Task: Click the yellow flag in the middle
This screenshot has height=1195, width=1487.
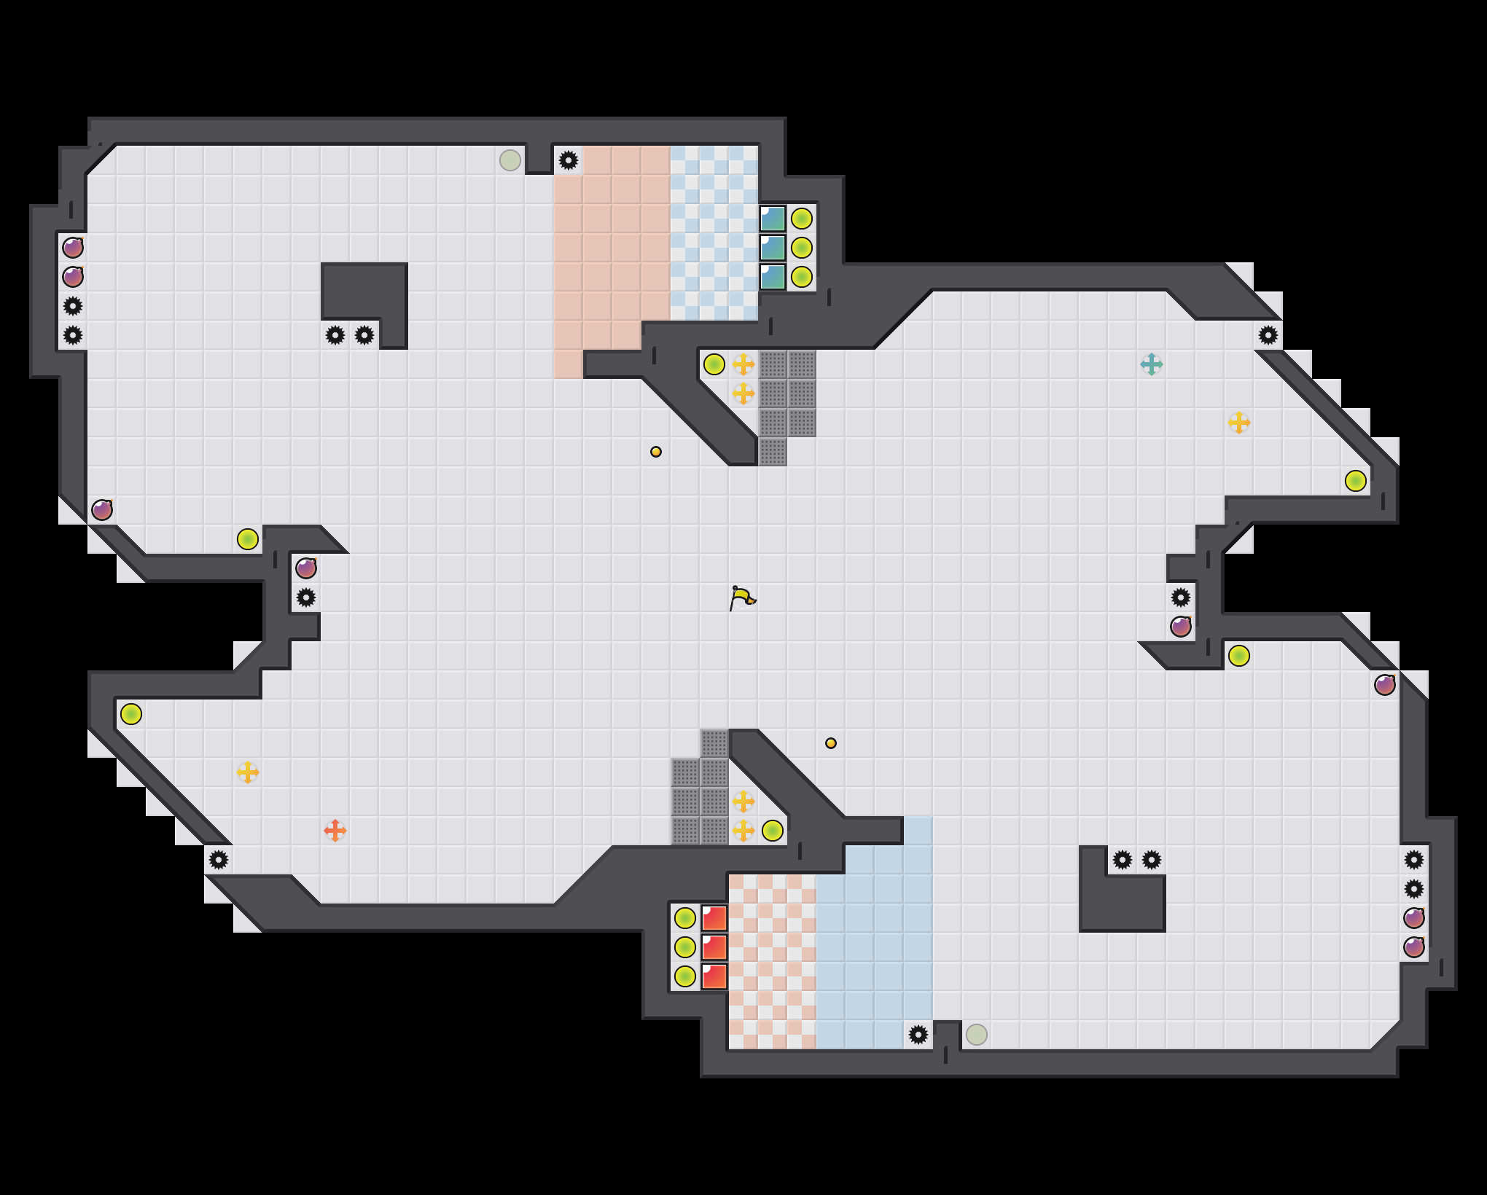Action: point(742,598)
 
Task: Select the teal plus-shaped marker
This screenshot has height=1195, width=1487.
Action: point(1151,364)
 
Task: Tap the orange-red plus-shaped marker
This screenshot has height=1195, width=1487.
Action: point(335,830)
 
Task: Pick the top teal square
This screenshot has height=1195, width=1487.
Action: point(773,219)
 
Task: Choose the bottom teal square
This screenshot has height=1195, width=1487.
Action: point(773,277)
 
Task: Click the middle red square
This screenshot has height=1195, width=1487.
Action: point(714,947)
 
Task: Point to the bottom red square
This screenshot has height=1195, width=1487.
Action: point(714,976)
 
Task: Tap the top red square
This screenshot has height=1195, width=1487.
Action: point(714,918)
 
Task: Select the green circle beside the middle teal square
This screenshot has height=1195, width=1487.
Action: point(802,248)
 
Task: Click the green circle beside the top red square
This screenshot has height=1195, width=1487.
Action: point(685,918)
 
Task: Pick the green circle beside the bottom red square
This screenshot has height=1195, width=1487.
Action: point(685,976)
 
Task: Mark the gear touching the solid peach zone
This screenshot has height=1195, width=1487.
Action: point(569,160)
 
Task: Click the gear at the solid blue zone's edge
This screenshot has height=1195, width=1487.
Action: point(918,1034)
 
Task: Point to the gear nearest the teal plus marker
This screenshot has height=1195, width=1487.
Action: point(1268,335)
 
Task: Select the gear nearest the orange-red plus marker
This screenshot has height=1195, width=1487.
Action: point(219,860)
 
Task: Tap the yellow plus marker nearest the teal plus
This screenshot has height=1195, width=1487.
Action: point(1238,423)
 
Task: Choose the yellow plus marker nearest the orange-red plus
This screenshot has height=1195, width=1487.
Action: point(248,772)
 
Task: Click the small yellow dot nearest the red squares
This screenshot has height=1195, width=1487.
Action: point(831,743)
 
